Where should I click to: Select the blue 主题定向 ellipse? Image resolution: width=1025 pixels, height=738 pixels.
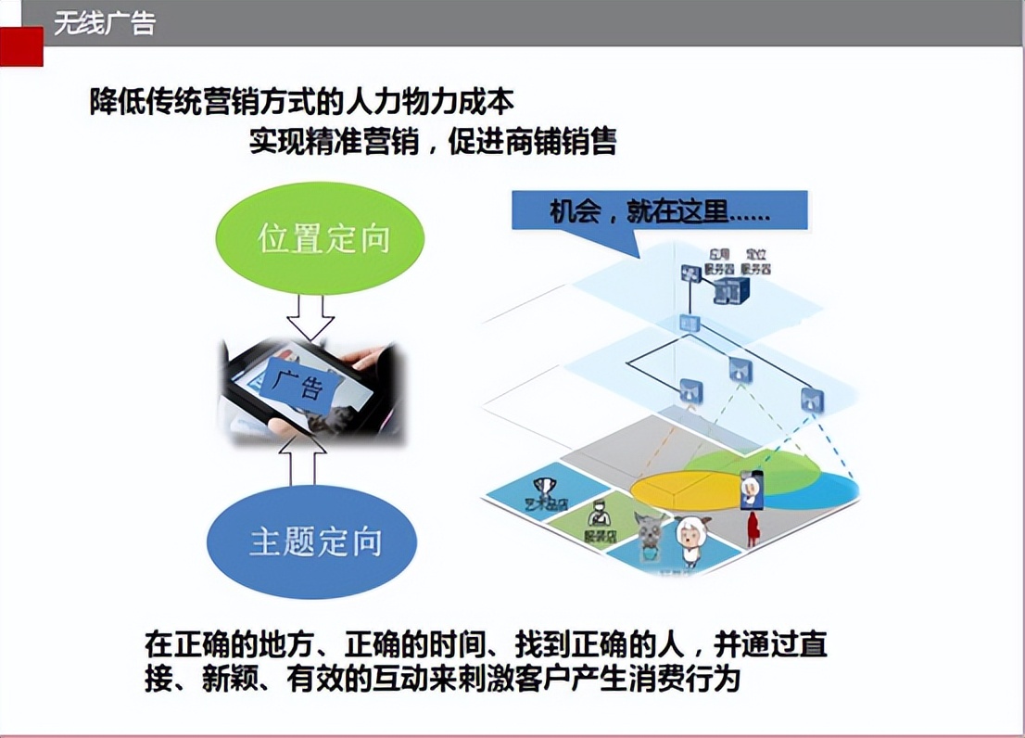(311, 541)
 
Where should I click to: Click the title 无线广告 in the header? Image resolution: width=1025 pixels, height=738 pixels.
(104, 23)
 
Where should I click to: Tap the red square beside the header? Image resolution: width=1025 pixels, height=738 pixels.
(21, 46)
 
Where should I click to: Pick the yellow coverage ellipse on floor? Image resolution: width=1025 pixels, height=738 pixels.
(686, 485)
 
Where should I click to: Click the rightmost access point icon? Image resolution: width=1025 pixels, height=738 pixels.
(812, 400)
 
